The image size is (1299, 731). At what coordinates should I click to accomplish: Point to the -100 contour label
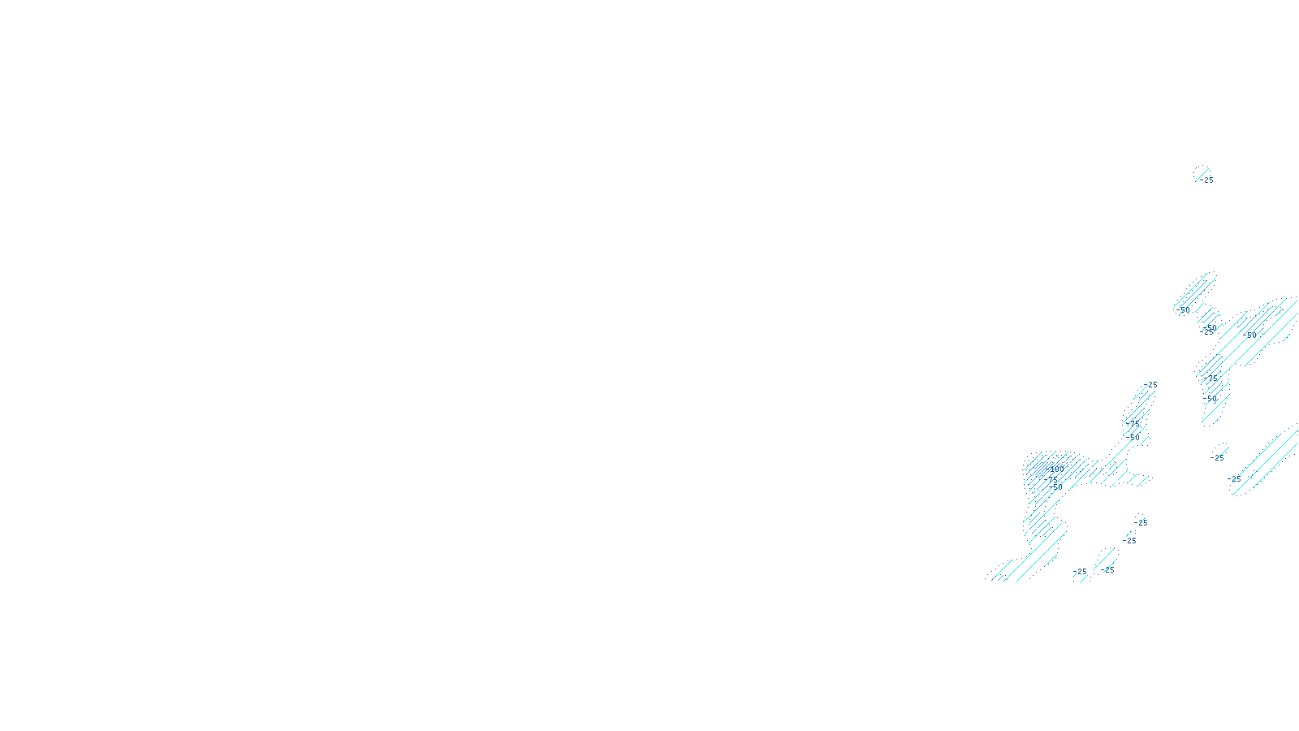click(x=1055, y=469)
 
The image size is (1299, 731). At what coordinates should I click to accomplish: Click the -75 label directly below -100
click(x=1053, y=479)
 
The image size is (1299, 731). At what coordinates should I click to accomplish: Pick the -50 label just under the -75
click(x=1056, y=487)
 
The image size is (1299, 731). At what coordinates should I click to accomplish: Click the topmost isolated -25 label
click(x=1208, y=180)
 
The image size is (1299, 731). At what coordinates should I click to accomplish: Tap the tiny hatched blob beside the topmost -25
click(x=1199, y=171)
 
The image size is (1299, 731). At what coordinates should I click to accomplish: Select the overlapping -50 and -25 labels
click(x=1210, y=329)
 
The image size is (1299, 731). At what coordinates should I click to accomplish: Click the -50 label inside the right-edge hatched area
click(x=1250, y=334)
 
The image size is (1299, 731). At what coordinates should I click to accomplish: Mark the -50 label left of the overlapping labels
click(x=1184, y=310)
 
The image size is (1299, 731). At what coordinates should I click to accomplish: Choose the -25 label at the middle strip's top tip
click(x=1151, y=385)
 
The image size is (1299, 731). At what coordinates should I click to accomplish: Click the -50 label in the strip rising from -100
click(x=1134, y=437)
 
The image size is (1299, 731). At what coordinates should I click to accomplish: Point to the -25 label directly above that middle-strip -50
click(x=1134, y=423)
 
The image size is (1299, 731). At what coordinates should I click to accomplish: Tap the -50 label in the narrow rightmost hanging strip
click(x=1211, y=398)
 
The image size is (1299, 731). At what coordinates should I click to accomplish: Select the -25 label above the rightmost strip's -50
click(x=1213, y=377)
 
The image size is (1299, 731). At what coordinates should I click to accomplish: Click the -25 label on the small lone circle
click(x=1218, y=458)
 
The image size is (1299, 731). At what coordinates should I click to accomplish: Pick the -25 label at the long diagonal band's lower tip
click(x=1235, y=480)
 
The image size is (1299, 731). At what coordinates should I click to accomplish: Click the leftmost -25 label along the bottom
click(x=1081, y=572)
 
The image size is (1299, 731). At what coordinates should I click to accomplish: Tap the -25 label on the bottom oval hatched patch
click(x=1108, y=570)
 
